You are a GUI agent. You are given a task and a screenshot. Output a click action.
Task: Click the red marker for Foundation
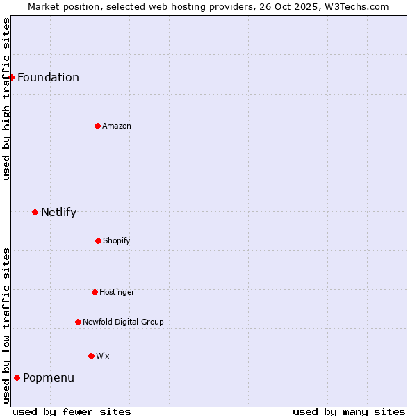(x=12, y=77)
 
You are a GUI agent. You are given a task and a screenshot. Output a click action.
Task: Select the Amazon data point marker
(x=97, y=126)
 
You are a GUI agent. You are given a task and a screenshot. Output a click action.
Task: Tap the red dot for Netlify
(x=35, y=212)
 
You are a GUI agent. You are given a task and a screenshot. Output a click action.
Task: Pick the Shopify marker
(x=98, y=240)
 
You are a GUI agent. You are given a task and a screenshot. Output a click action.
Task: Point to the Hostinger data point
(x=95, y=292)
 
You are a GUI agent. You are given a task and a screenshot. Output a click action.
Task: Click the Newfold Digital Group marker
(x=78, y=322)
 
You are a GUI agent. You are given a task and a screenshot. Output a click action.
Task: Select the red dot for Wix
(x=91, y=356)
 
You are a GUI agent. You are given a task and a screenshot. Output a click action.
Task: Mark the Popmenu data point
(x=17, y=378)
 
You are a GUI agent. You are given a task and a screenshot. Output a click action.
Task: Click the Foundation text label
(x=48, y=77)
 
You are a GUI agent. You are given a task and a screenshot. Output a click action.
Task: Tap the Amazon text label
(x=117, y=126)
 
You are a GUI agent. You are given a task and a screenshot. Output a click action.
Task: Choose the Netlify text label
(x=58, y=212)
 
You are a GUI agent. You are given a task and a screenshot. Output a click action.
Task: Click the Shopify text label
(x=117, y=240)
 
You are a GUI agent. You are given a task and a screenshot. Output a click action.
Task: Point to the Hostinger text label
(x=117, y=292)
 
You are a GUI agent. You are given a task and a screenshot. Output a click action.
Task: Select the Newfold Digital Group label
(x=123, y=322)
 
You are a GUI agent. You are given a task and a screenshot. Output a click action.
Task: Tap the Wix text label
(x=103, y=356)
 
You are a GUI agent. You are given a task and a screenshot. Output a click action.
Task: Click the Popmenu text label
(x=49, y=378)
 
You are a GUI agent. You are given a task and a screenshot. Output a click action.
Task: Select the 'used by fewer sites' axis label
(x=72, y=411)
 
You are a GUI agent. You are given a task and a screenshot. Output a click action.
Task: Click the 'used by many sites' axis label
(x=349, y=411)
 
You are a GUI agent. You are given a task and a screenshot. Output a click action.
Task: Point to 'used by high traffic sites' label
(x=6, y=99)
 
